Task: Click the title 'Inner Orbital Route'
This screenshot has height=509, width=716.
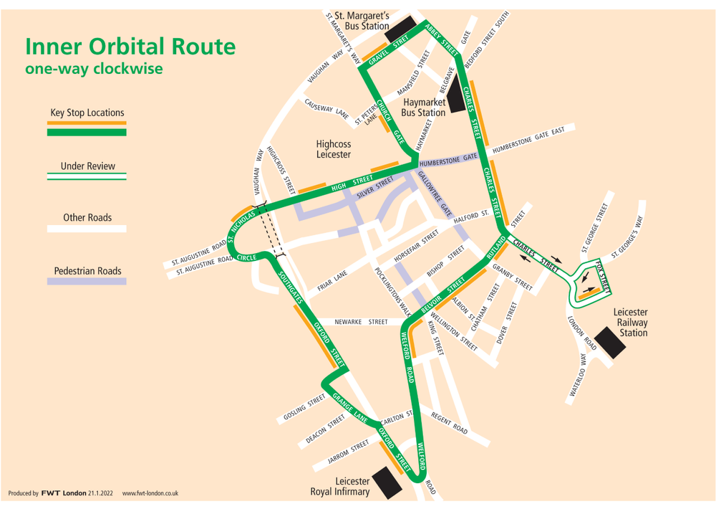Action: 130,47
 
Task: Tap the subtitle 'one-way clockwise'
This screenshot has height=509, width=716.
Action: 94,70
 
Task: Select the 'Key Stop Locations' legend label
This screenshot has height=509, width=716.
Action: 87,113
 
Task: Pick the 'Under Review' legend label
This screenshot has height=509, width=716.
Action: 87,166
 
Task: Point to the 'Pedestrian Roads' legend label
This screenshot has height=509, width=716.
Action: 87,272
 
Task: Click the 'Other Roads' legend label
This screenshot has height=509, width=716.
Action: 87,217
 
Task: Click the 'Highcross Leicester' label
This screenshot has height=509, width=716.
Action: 334,149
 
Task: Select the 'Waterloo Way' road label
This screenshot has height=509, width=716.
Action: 582,375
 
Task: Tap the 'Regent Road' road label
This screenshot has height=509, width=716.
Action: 449,424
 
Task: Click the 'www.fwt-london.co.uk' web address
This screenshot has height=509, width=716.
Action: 150,493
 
